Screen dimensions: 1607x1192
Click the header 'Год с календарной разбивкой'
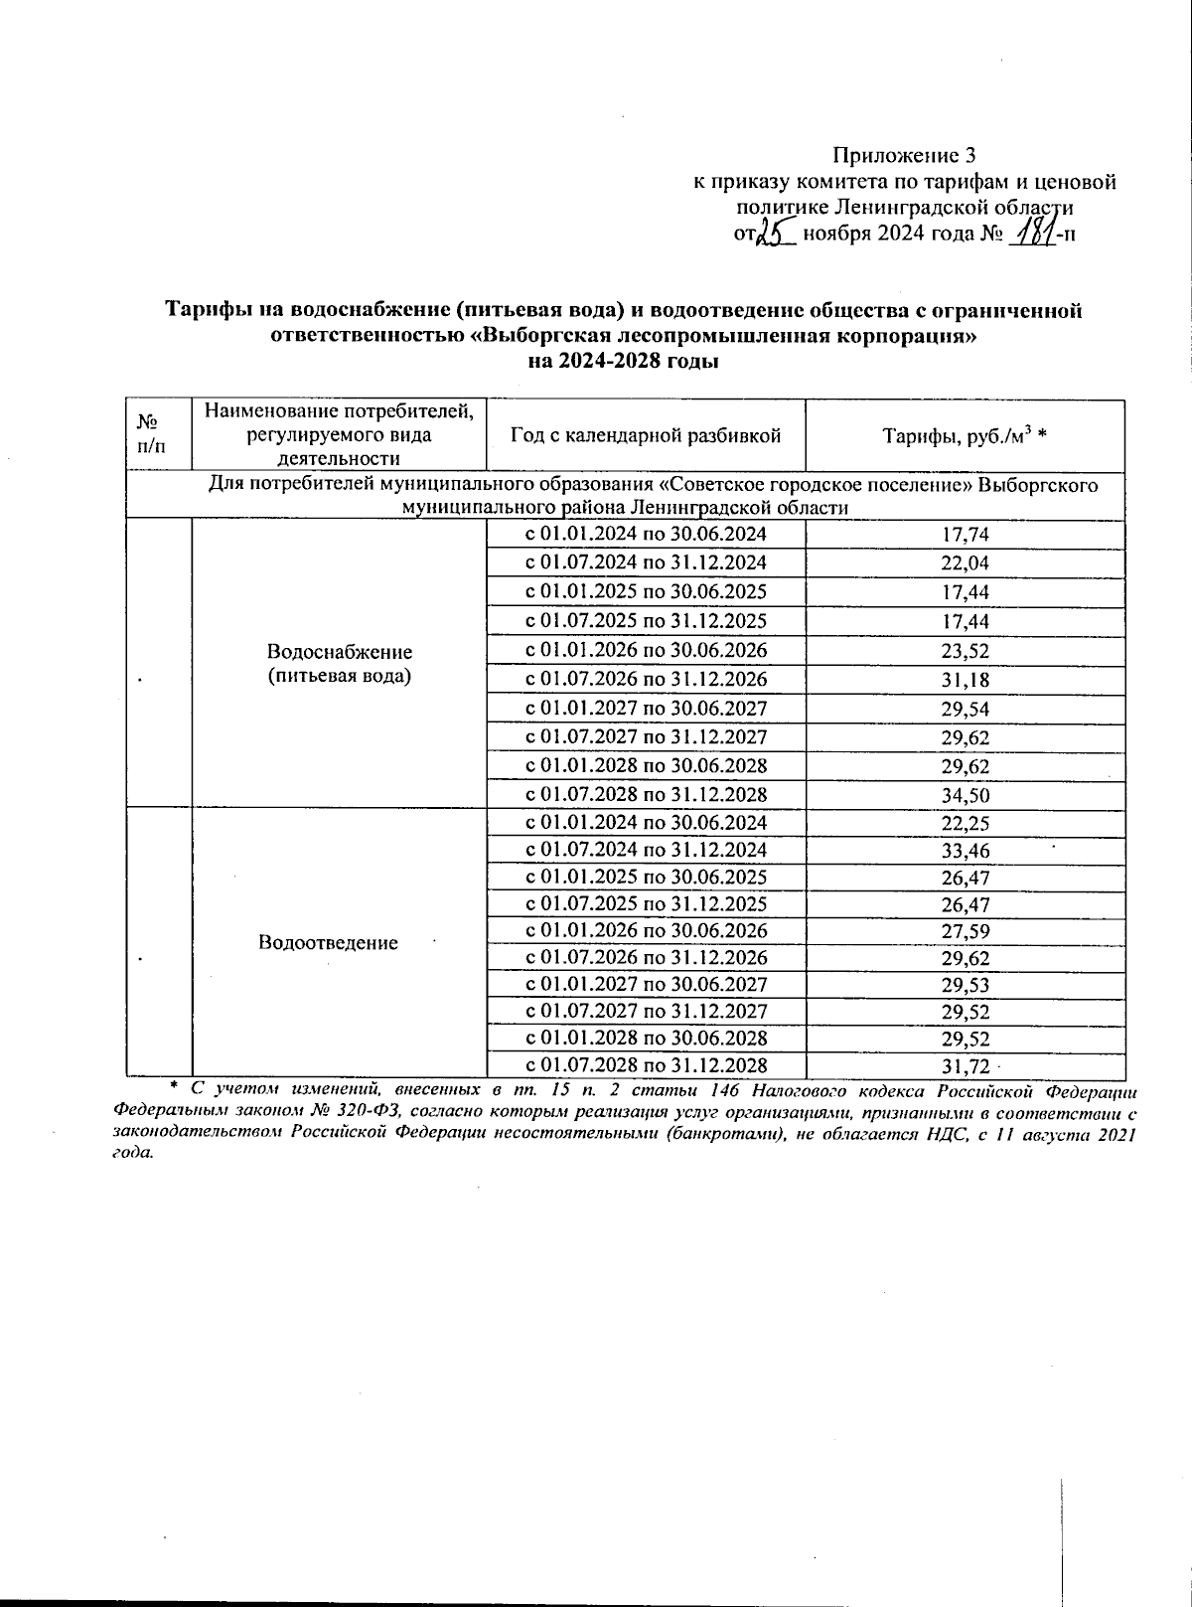tap(645, 435)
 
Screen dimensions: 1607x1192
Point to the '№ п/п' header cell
tap(148, 434)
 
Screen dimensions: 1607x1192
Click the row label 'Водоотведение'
tap(328, 942)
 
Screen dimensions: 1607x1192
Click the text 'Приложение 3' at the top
tap(904, 155)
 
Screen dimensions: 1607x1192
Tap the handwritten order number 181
tap(1033, 235)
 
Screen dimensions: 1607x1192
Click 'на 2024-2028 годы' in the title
tap(623, 362)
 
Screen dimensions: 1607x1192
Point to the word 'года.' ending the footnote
tap(134, 1153)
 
